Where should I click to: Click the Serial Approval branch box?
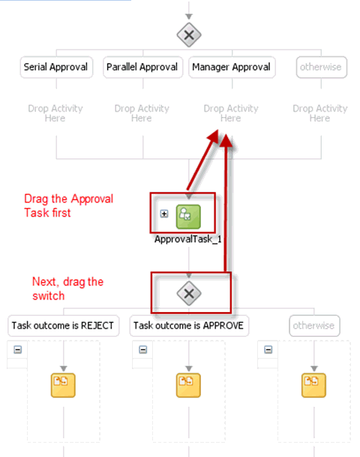point(56,67)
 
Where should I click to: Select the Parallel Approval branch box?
point(142,67)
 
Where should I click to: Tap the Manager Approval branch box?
point(232,67)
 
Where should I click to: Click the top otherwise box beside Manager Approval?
point(322,67)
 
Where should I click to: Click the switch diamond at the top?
point(189,35)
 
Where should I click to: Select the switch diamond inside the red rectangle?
point(189,293)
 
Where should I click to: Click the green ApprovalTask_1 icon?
point(188,217)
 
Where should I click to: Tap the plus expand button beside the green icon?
point(164,214)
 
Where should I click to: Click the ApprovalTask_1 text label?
point(187,239)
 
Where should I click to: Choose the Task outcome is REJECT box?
point(63,326)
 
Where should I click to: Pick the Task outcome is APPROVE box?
point(189,326)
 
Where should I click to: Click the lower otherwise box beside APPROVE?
point(314,326)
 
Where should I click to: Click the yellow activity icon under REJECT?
point(63,385)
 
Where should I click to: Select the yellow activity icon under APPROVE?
point(188,385)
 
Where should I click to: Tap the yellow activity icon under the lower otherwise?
point(313,385)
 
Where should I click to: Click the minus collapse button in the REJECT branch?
point(18,350)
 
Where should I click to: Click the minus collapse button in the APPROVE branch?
point(143,350)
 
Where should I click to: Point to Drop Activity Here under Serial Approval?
point(55,113)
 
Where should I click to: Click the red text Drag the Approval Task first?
point(68,206)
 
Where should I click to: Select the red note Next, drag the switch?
point(67,289)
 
